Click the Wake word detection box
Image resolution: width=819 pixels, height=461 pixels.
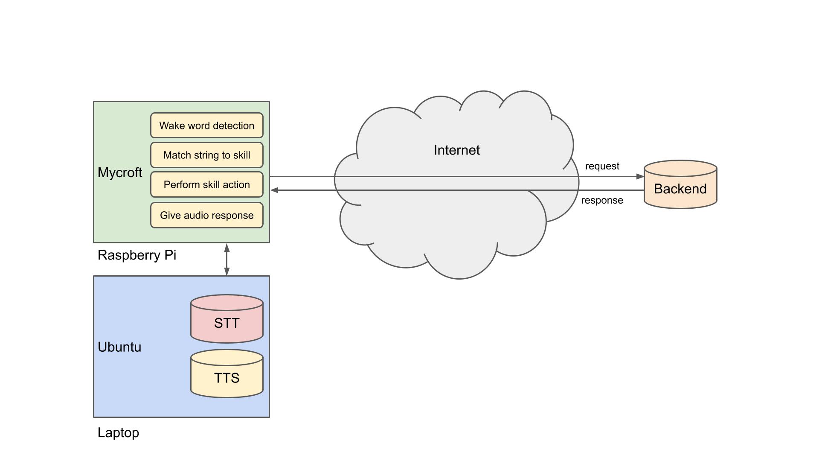(206, 125)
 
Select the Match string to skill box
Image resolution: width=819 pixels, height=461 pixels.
(206, 155)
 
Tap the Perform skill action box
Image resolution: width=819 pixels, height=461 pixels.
(206, 184)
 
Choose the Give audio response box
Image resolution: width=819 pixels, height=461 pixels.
(206, 215)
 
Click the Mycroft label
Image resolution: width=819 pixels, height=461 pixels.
(120, 172)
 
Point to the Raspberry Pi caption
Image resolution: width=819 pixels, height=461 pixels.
(136, 255)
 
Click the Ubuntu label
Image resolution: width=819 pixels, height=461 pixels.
(119, 347)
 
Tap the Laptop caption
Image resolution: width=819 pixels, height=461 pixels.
(118, 433)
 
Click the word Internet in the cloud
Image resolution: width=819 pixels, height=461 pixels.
(456, 150)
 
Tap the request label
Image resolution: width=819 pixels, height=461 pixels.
(602, 166)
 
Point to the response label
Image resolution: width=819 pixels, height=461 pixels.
(602, 200)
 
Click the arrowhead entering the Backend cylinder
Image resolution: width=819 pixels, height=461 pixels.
(640, 176)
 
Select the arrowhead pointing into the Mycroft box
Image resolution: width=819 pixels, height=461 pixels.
(275, 190)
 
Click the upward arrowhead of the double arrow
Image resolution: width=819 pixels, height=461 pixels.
(227, 248)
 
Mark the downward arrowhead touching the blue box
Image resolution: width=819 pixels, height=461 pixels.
(227, 271)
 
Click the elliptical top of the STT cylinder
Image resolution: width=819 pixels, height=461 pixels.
(227, 303)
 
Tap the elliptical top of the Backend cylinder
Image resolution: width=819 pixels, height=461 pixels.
(680, 168)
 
